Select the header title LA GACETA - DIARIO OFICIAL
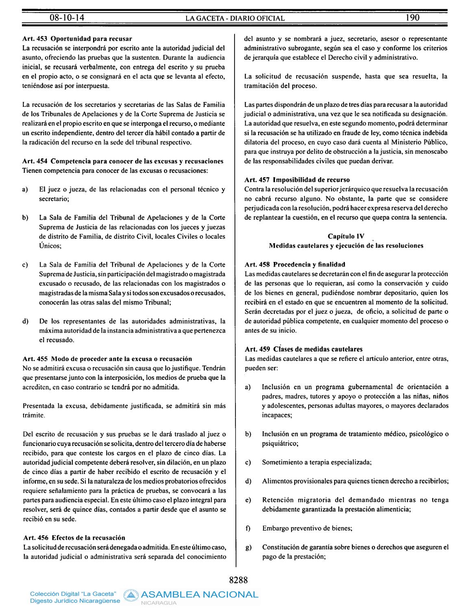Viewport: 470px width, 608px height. [x=235, y=18]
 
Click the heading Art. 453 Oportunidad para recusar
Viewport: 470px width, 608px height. [x=78, y=39]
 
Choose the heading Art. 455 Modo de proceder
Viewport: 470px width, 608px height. [x=107, y=359]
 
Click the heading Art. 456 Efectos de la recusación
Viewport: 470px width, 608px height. [x=74, y=538]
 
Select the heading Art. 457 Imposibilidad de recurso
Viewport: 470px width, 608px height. [x=297, y=180]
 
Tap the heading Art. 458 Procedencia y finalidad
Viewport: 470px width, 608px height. [x=295, y=264]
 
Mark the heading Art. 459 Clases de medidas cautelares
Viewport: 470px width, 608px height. [x=303, y=349]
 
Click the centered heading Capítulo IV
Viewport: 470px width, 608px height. [x=346, y=236]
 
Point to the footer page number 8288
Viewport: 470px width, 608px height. [x=239, y=580]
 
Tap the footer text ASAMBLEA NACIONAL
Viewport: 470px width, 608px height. [x=200, y=595]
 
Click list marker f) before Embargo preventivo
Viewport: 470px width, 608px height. [x=248, y=528]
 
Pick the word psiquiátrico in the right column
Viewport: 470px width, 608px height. [x=280, y=444]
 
